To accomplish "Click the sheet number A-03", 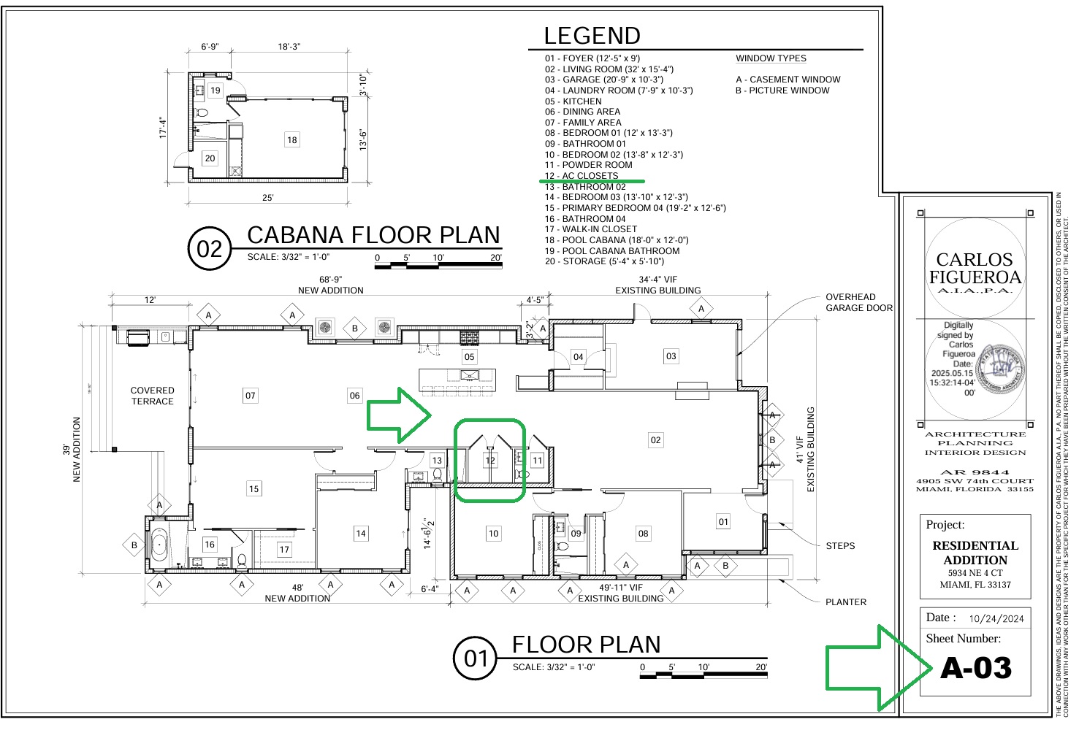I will [x=975, y=668].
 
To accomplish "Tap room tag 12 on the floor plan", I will [x=490, y=460].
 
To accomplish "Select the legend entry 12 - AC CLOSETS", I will [x=582, y=176].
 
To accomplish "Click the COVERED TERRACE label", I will [x=152, y=396].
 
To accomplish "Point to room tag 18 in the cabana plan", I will [x=291, y=140].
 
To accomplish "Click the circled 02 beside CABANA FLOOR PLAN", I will [x=210, y=249].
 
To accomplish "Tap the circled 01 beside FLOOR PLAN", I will [x=476, y=658].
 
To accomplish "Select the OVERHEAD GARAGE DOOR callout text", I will [x=858, y=302].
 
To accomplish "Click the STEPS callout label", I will [x=840, y=545].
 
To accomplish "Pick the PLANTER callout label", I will [x=846, y=602].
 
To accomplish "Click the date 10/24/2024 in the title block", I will [x=996, y=618].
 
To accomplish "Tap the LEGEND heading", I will [x=592, y=36].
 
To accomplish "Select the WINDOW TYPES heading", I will [x=771, y=58].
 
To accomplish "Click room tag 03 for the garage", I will [x=671, y=356].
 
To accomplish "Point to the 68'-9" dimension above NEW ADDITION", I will [x=330, y=280].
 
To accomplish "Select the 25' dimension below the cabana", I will [x=268, y=198].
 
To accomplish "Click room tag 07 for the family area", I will [x=251, y=396].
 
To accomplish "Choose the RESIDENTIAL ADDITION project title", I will [x=975, y=553].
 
